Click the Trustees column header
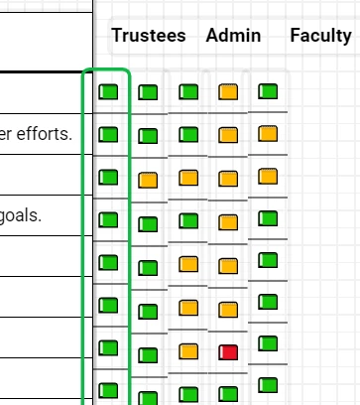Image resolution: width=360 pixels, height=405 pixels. coord(148,36)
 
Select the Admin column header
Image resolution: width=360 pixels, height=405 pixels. coord(233,36)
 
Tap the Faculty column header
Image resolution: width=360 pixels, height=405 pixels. coord(319,36)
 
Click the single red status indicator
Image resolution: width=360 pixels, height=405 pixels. coord(228,352)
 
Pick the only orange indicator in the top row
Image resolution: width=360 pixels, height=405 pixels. coord(228,92)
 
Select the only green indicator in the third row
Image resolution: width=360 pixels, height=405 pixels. coord(109,178)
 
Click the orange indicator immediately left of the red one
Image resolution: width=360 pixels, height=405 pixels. coord(188,350)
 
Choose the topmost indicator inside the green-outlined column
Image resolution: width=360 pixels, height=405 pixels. coord(109,92)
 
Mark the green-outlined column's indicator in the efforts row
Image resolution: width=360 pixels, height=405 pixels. coord(109,134)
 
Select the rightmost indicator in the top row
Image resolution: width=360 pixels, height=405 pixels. coord(267,91)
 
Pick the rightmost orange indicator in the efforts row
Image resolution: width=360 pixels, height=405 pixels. coord(267,133)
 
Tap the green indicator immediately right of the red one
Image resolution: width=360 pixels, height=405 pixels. coord(267,342)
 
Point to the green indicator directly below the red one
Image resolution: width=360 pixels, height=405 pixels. coord(228,393)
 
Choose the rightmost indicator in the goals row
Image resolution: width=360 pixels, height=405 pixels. coord(267,217)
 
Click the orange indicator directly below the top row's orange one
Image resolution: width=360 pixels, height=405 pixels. coord(228,135)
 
